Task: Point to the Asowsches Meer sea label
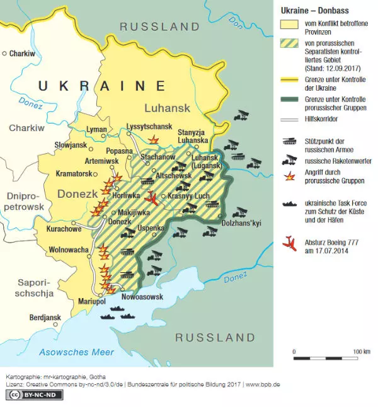click(76, 352)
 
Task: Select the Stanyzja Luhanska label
click(193, 135)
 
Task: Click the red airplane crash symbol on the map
click(150, 199)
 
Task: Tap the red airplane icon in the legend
click(290, 244)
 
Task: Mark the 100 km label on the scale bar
click(361, 351)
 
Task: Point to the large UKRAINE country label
click(101, 86)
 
